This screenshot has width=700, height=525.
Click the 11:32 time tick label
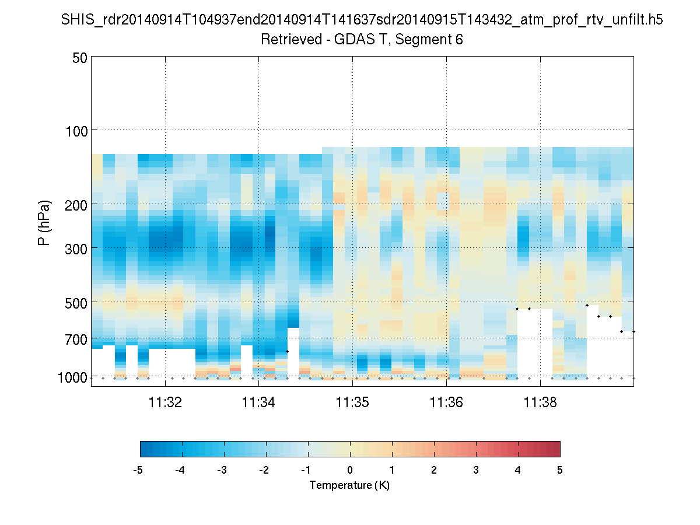pyautogui.click(x=166, y=402)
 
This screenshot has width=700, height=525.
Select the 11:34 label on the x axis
pyautogui.click(x=259, y=402)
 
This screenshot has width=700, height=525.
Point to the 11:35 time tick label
pyautogui.click(x=353, y=402)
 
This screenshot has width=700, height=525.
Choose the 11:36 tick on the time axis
pyautogui.click(x=446, y=402)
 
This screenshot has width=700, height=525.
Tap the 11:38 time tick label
pyautogui.click(x=540, y=402)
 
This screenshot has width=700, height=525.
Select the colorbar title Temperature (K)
pyautogui.click(x=349, y=485)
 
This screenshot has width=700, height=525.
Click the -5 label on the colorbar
pyautogui.click(x=138, y=470)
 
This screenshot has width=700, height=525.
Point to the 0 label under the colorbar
pyautogui.click(x=350, y=470)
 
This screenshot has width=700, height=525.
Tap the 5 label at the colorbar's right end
pyautogui.click(x=560, y=470)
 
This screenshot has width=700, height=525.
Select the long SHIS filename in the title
pyautogui.click(x=362, y=20)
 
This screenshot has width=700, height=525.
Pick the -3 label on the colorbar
pyautogui.click(x=222, y=470)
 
